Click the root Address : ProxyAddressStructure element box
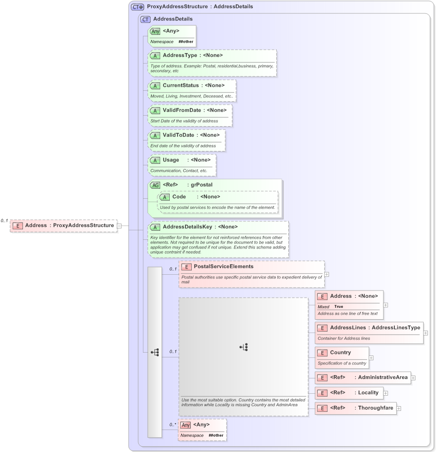[x=64, y=226]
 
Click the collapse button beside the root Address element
[x=120, y=226]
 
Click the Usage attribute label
[x=171, y=160]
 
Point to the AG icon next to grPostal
[x=155, y=185]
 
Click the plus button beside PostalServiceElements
[x=327, y=274]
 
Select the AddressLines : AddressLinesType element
[x=369, y=328]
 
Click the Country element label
[x=340, y=353]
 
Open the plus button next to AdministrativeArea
[x=413, y=377]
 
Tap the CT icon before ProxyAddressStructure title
[x=138, y=7]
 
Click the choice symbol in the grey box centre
[x=243, y=347]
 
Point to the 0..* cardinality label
[x=173, y=425]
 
